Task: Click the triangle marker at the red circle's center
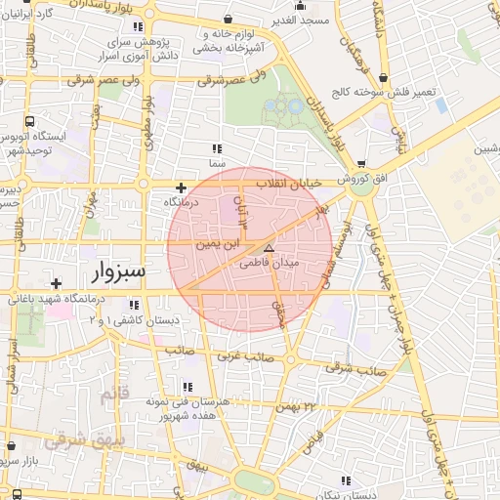[x=270, y=249]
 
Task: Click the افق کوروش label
[x=337, y=181]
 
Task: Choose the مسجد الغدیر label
[x=300, y=21]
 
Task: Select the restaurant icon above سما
[x=216, y=148]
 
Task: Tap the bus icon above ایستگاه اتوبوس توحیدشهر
[x=32, y=123]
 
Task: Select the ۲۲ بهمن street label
[x=298, y=405]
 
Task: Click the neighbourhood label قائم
[x=113, y=394]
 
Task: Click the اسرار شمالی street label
[x=13, y=364]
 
